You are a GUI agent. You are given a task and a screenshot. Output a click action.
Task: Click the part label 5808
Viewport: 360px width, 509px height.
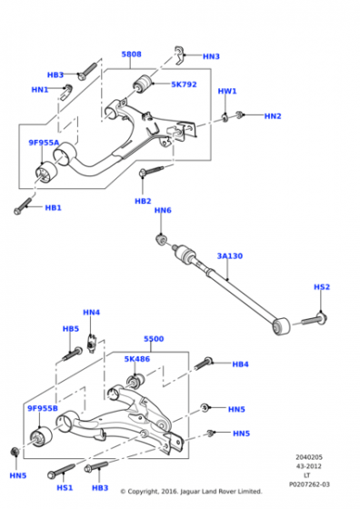coord(131,55)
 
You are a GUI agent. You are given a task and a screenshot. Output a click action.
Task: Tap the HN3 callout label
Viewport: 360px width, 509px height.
coord(211,56)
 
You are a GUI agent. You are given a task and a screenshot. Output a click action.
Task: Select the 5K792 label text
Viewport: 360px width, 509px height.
coord(184,85)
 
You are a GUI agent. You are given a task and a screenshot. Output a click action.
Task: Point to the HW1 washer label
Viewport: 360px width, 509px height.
coord(227,91)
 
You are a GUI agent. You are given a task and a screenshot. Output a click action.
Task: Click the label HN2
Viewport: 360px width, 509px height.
coord(273,116)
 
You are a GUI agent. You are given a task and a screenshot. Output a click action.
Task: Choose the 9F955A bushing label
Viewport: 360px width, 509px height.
coord(44,143)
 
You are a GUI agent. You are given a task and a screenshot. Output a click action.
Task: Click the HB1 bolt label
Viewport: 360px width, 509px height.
coord(54,208)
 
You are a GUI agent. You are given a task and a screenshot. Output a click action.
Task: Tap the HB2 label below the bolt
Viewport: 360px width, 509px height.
coord(143,201)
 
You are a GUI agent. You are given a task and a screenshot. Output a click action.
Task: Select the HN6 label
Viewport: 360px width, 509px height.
coord(163,210)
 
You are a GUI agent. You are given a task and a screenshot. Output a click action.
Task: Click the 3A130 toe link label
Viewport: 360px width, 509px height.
coord(229,256)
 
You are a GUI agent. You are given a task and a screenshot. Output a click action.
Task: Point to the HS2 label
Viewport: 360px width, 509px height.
coord(322,287)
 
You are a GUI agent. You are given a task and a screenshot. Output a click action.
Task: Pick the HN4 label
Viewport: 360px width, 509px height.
coord(91,313)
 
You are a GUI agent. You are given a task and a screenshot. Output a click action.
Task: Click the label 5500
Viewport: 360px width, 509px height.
coord(154,339)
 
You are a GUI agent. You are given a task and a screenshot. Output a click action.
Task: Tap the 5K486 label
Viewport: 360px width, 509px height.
coord(137,359)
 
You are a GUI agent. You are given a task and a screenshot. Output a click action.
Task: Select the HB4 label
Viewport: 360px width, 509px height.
coord(240,364)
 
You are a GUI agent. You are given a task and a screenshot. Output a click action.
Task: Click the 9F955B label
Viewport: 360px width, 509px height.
coord(43,408)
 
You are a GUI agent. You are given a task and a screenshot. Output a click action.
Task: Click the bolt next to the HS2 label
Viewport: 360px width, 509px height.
coord(314,319)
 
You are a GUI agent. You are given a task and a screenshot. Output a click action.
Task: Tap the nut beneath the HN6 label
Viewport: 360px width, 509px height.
coord(161,239)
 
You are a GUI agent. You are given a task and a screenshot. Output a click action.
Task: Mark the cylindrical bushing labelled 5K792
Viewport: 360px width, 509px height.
coord(142,84)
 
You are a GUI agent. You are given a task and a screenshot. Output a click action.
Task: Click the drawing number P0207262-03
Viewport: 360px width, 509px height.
coord(309,484)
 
